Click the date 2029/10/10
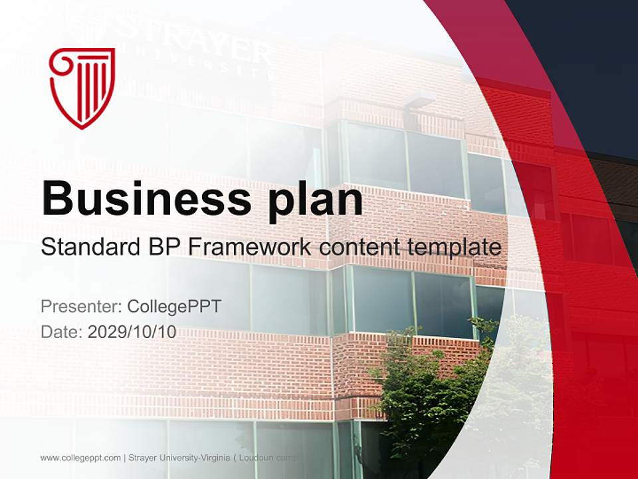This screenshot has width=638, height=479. click(x=132, y=332)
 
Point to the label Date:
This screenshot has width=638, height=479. click(x=62, y=332)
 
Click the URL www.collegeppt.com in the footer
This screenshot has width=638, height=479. click(x=80, y=458)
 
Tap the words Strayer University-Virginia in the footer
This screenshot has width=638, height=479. click(x=179, y=458)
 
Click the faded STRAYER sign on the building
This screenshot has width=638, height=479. click(x=193, y=47)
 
